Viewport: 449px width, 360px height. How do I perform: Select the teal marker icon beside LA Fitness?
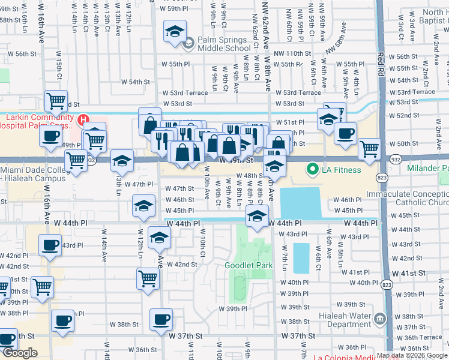click(x=312, y=170)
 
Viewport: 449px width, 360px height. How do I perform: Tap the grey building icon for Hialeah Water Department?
click(x=379, y=317)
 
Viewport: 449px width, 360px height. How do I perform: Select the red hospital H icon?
click(x=83, y=121)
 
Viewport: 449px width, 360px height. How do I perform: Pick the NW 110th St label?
click(x=291, y=53)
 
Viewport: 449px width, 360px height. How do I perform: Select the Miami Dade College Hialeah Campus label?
click(x=34, y=175)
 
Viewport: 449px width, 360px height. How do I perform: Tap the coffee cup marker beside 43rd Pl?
click(x=49, y=244)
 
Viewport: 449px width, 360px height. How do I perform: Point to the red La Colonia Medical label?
click(x=348, y=358)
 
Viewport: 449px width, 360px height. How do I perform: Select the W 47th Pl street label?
click(x=130, y=184)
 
